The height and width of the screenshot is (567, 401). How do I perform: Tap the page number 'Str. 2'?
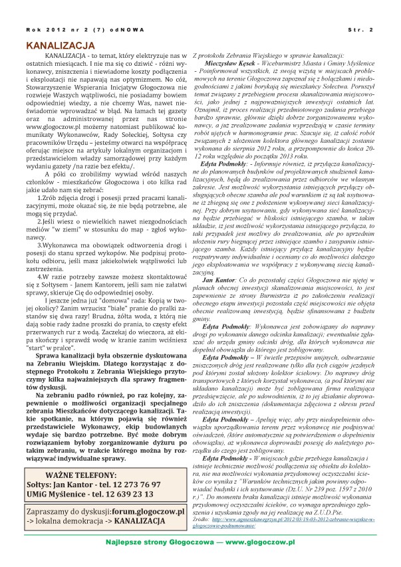point(376,30)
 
